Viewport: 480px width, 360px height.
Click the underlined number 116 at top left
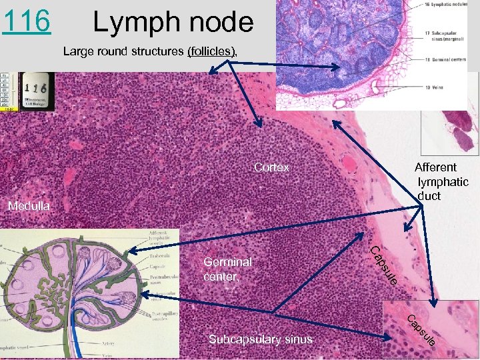point(26,22)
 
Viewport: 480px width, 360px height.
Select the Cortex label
point(271,167)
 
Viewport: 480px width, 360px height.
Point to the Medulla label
point(29,206)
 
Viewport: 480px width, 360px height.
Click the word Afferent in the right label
point(435,167)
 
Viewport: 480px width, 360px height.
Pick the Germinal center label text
point(227,269)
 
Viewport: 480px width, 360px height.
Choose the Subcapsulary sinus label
point(260,339)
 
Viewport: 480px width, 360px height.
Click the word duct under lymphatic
point(429,196)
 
